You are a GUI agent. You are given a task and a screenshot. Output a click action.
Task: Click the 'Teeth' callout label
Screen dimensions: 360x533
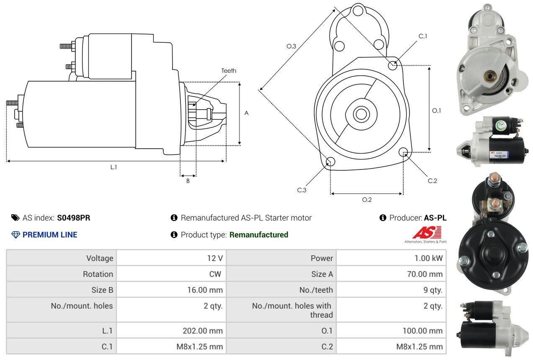click(229, 71)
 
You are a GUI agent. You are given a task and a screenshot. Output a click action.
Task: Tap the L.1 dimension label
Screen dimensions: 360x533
click(113, 167)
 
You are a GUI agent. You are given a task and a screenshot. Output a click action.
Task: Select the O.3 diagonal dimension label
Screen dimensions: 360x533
click(291, 46)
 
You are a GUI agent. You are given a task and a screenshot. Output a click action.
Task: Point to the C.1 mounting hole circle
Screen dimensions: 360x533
click(393, 65)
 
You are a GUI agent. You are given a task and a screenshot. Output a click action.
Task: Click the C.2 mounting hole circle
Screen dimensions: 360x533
click(403, 152)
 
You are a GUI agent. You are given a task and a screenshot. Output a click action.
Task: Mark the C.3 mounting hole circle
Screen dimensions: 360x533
click(330, 162)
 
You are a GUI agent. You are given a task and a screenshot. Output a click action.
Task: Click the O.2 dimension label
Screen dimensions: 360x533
click(367, 200)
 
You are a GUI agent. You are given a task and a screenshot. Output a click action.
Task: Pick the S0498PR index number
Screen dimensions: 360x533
click(74, 218)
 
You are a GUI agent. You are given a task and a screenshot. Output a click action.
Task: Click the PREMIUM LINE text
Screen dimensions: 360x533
click(50, 235)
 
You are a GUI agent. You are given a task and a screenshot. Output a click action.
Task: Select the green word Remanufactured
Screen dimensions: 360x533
click(259, 235)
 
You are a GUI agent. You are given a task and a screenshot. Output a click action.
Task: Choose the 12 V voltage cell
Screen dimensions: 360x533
click(215, 258)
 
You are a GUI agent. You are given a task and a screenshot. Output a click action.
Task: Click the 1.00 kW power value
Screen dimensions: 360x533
click(428, 258)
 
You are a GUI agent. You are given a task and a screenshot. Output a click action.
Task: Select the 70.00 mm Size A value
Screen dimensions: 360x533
click(425, 274)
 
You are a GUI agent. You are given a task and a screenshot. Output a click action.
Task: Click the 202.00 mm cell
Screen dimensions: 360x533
click(203, 331)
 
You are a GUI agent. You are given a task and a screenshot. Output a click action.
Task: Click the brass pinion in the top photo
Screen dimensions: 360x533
click(490, 76)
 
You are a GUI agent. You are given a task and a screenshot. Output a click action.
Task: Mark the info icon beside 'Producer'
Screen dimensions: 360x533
click(383, 218)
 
